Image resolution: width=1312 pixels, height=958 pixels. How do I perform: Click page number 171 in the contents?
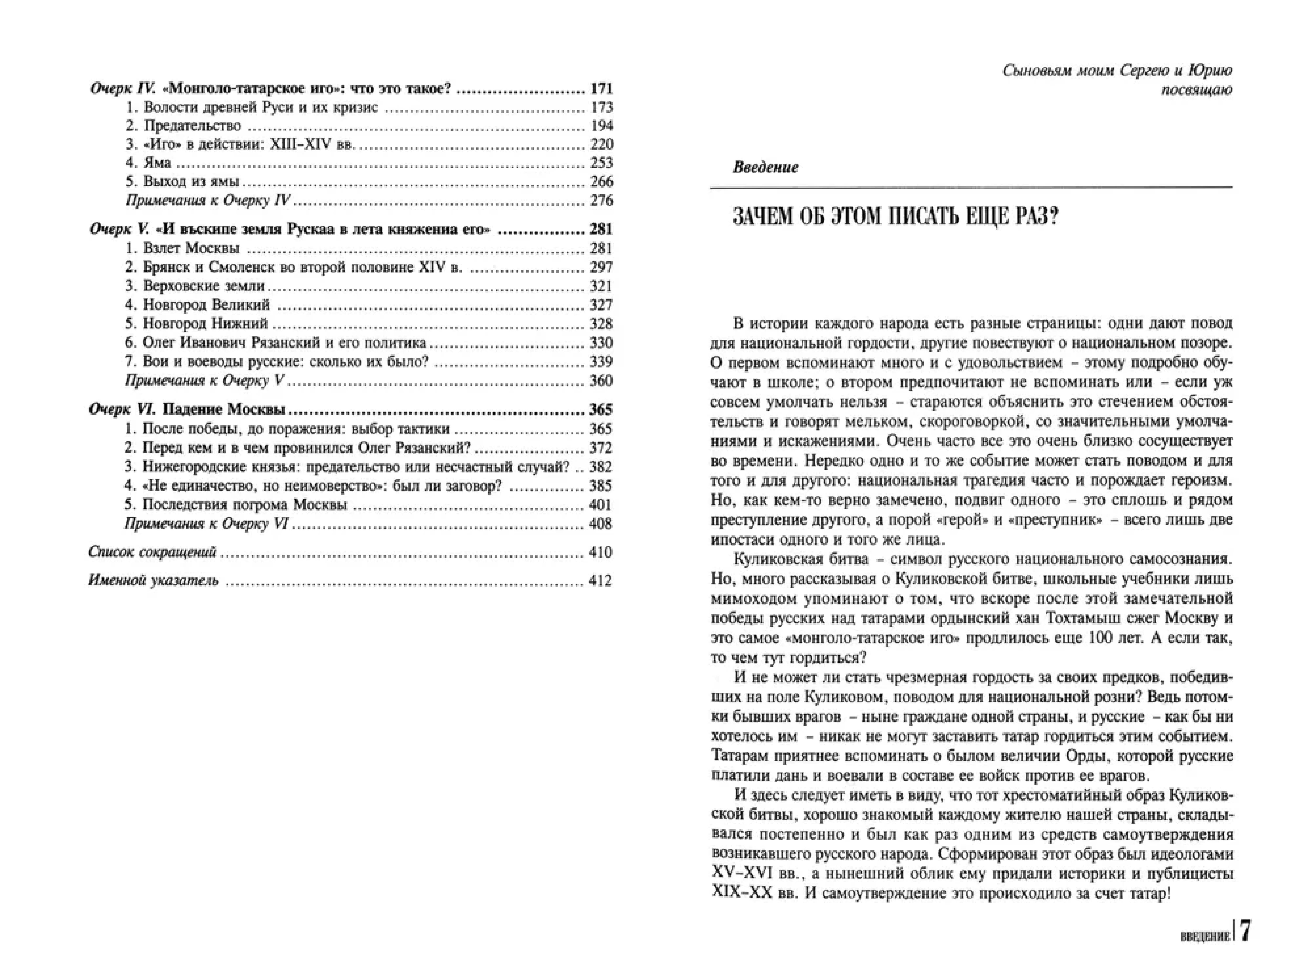pos(601,89)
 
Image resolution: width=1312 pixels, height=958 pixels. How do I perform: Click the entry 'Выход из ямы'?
pos(191,182)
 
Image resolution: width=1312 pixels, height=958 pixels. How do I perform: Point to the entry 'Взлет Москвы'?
pos(191,248)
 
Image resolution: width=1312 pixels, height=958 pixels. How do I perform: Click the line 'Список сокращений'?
pos(152,552)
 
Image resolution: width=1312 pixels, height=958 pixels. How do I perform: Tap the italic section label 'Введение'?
pos(765,168)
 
